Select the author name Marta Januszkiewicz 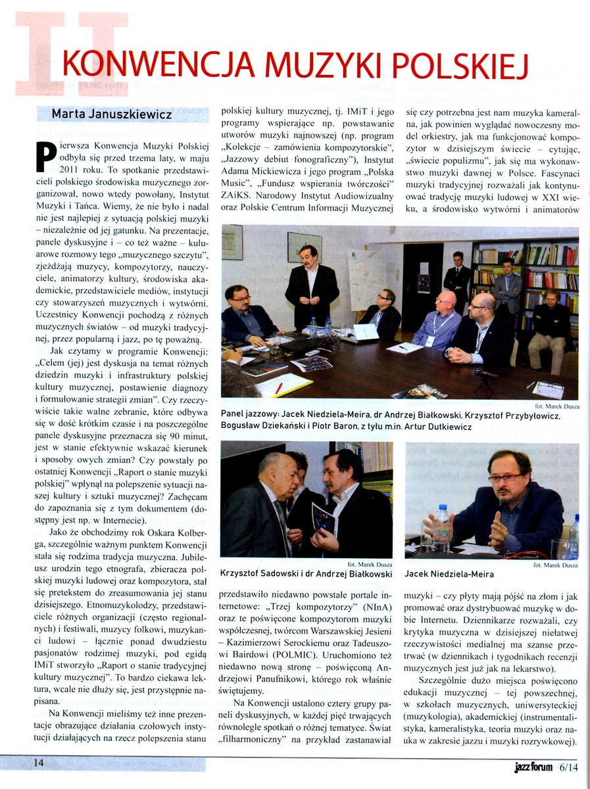[x=111, y=114]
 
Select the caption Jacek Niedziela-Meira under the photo [x=449, y=574]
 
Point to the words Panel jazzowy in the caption [x=251, y=416]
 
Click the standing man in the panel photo [x=312, y=286]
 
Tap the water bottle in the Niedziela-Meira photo [x=443, y=526]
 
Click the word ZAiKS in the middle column [x=239, y=201]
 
